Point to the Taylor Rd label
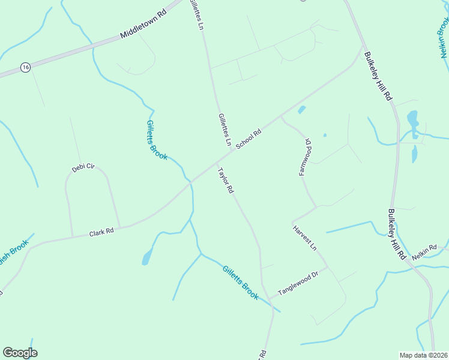tap(225, 181)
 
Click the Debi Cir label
tap(83, 168)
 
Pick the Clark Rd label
tap(101, 232)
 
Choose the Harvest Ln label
tap(304, 238)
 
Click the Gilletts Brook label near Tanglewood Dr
tap(240, 283)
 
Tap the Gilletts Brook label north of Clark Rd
tap(157, 140)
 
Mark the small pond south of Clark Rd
tap(146, 258)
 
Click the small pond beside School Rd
tap(301, 110)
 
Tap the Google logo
tap(20, 353)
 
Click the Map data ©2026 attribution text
tap(423, 355)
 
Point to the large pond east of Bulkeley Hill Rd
tap(413, 120)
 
